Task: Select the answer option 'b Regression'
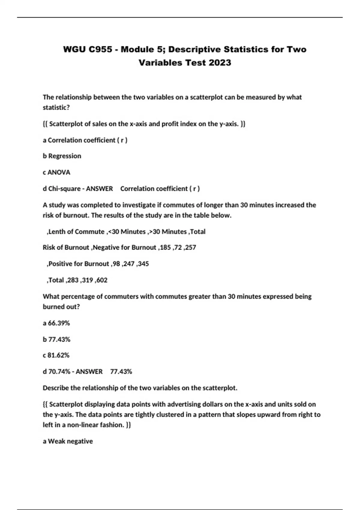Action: (62, 156)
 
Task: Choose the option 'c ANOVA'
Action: (56, 172)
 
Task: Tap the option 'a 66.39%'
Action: (56, 323)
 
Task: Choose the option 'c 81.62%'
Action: (56, 355)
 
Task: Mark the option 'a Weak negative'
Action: (68, 441)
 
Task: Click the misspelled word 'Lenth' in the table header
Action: (56, 232)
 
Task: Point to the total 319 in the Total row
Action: (87, 280)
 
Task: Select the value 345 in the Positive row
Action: (143, 264)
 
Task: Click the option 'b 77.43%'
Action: (56, 340)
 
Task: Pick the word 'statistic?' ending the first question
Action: (56, 107)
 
